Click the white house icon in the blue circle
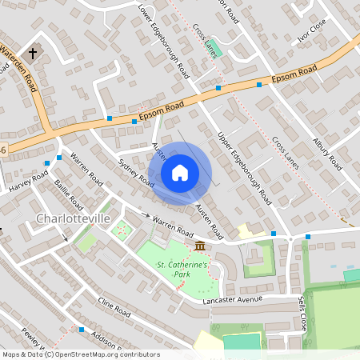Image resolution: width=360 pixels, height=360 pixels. tap(180, 172)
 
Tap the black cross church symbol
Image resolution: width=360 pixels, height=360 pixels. tap(33, 54)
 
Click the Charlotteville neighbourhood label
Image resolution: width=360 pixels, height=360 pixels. tap(72, 218)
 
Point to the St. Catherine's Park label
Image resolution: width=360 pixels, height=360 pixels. tap(182, 269)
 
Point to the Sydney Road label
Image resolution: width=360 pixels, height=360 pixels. tap(135, 173)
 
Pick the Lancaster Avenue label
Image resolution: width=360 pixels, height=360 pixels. tap(233, 300)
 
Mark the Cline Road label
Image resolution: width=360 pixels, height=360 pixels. tap(114, 308)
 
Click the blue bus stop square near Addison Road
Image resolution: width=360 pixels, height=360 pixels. tap(81, 329)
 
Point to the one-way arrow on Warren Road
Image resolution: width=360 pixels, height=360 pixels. tap(146, 216)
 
